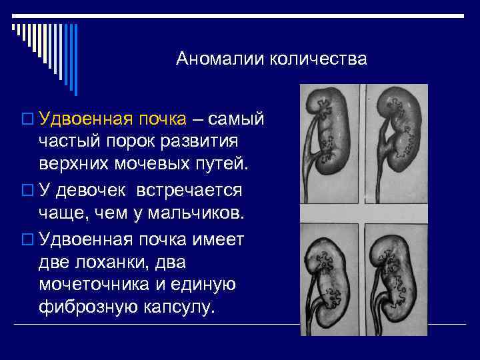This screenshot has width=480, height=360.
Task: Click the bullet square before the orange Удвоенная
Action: [x=27, y=120]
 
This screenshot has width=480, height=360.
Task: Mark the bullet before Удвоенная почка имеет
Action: [x=27, y=239]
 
